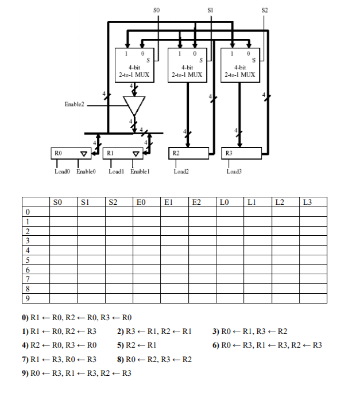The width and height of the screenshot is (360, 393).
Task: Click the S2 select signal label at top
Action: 264,10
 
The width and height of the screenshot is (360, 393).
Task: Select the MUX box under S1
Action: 187,64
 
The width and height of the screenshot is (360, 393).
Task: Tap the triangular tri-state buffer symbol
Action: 134,105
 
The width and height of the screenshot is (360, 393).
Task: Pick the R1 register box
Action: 123,153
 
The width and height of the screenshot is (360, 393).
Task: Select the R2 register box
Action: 189,153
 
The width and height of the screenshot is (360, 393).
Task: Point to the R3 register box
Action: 241,153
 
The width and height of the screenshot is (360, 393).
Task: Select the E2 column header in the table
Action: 196,201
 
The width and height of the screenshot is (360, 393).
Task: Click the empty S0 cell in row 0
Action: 63,211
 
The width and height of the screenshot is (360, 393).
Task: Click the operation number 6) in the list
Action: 216,345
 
